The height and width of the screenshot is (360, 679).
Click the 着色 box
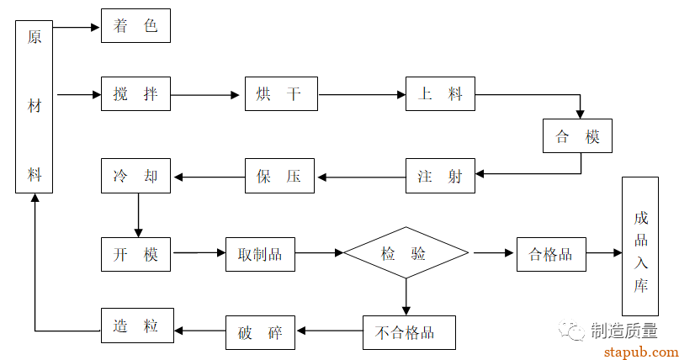pyautogui.click(x=135, y=26)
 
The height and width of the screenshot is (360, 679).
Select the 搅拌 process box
pyautogui.click(x=135, y=94)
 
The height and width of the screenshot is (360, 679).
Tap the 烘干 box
pyautogui.click(x=281, y=94)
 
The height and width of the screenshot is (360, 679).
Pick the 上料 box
pyautogui.click(x=440, y=94)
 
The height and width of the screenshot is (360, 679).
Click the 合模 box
pyautogui.click(x=578, y=135)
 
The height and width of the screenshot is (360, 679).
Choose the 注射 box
pyautogui.click(x=440, y=177)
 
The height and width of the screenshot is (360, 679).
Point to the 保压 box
pyautogui.click(x=281, y=177)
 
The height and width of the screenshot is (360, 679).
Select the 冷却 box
pyautogui.click(x=135, y=177)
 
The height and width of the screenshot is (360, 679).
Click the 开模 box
pyautogui.click(x=135, y=254)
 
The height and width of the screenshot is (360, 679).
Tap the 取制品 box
pyautogui.click(x=260, y=254)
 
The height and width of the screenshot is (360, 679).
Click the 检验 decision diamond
pyautogui.click(x=406, y=252)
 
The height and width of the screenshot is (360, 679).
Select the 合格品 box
pyautogui.click(x=551, y=254)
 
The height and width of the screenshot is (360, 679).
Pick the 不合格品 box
pyautogui.click(x=409, y=332)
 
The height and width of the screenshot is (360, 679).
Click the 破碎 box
pyautogui.click(x=260, y=332)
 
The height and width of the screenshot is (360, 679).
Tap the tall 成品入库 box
pyautogui.click(x=641, y=246)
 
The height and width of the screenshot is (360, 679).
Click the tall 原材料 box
pyautogui.click(x=35, y=107)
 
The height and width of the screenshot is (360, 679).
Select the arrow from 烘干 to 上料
pyautogui.click(x=362, y=95)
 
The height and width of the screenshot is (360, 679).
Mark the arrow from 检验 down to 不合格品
pyautogui.click(x=406, y=296)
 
